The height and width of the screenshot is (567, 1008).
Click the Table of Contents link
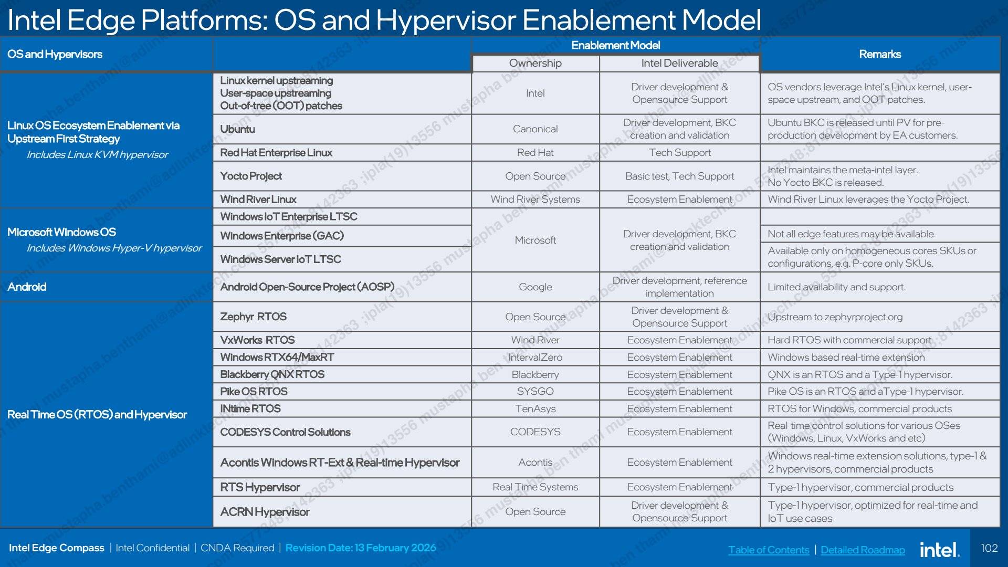769,550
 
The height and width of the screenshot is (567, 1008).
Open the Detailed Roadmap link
863,550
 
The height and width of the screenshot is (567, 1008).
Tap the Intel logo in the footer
940,549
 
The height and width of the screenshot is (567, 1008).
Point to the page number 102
989,548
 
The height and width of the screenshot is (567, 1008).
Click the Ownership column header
535,63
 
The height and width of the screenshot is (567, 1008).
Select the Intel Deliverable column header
679,63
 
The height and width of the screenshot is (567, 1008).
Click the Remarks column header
880,54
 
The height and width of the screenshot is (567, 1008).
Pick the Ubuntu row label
237,129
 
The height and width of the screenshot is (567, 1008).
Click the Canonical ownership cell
535,129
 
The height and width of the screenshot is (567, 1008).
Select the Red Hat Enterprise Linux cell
276,153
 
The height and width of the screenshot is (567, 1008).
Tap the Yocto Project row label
251,176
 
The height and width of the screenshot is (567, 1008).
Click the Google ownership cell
535,287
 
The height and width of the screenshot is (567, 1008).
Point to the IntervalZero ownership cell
535,358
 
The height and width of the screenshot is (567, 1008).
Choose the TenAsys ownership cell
535,409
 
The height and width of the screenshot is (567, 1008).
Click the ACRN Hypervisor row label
265,512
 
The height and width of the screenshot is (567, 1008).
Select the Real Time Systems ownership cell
535,487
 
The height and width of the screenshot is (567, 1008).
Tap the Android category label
27,287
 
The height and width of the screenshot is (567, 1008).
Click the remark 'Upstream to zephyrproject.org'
835,317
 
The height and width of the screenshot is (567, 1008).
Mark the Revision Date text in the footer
361,548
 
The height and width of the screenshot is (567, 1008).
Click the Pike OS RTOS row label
254,392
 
